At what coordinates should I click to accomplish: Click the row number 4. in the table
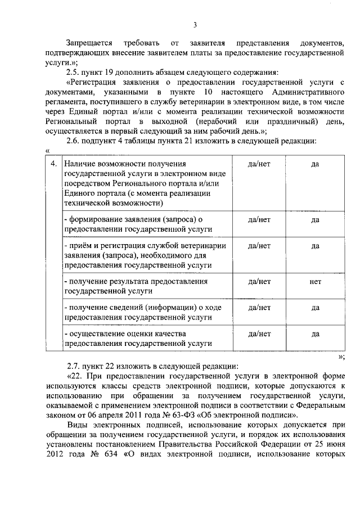(x=53, y=163)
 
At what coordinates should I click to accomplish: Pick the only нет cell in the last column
(x=315, y=281)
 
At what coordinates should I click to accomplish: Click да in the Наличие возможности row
(x=315, y=163)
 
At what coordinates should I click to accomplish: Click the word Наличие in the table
(x=79, y=163)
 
